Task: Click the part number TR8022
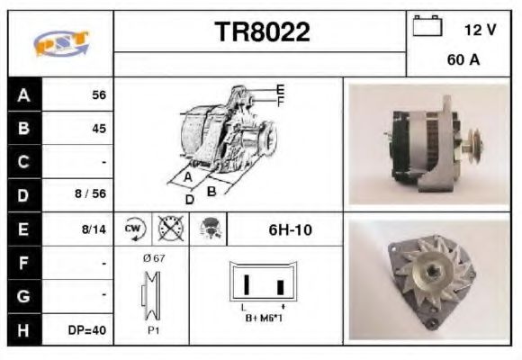pyautogui.click(x=262, y=33)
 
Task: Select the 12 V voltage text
pyautogui.click(x=480, y=30)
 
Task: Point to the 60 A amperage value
pyautogui.click(x=463, y=62)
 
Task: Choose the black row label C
pyautogui.click(x=23, y=163)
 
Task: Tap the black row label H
pyautogui.click(x=23, y=330)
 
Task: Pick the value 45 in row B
pyautogui.click(x=99, y=129)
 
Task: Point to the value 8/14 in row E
pyautogui.click(x=94, y=229)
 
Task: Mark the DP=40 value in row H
pyautogui.click(x=87, y=330)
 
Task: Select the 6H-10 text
pyautogui.click(x=290, y=229)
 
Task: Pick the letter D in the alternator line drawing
pyautogui.click(x=190, y=198)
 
